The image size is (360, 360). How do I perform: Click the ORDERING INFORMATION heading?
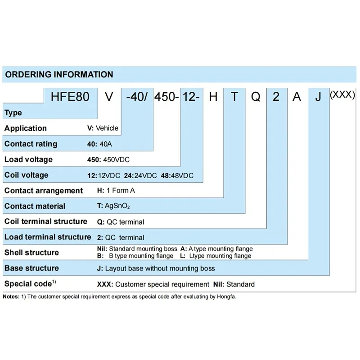click(59, 75)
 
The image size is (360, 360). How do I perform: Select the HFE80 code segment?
click(70, 96)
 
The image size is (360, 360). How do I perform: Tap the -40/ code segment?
click(138, 96)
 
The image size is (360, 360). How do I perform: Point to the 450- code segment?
click(167, 96)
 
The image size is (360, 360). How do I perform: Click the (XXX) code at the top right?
click(342, 95)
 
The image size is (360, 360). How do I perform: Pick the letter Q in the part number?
click(255, 96)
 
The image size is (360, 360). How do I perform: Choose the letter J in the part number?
click(318, 96)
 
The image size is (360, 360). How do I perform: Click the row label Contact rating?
click(31, 144)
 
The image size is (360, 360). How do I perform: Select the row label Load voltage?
click(28, 159)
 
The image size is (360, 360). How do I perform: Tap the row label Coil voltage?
click(26, 175)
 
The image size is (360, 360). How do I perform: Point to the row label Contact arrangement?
click(44, 191)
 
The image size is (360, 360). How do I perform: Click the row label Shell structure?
click(31, 252)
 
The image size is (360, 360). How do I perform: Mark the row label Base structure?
click(31, 268)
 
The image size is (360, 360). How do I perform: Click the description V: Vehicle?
click(103, 128)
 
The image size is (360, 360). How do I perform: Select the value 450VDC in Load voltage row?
click(117, 160)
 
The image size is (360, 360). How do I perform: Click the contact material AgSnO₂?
click(117, 207)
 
